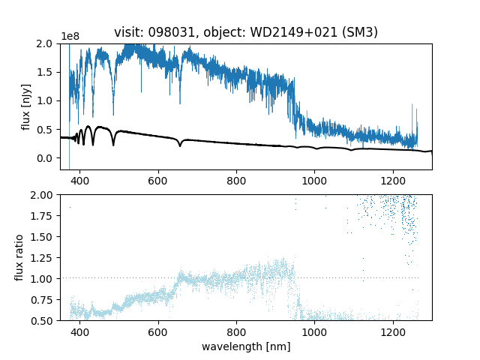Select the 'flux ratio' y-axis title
click(19, 257)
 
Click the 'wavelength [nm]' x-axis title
click(246, 346)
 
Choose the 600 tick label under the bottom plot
click(158, 331)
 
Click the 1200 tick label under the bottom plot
click(393, 331)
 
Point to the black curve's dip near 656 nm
click(180, 145)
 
